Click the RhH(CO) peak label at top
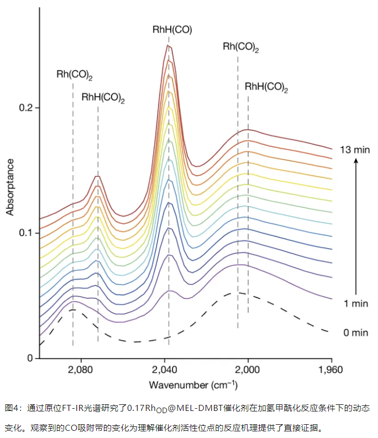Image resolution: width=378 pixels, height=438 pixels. pyautogui.click(x=172, y=29)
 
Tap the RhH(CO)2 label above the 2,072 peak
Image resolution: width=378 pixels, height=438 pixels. pyautogui.click(x=103, y=98)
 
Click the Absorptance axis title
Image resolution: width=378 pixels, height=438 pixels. pyautogui.click(x=10, y=186)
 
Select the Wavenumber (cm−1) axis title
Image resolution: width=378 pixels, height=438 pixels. pyautogui.click(x=186, y=384)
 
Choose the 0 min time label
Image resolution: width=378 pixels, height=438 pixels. pyautogui.click(x=355, y=332)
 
